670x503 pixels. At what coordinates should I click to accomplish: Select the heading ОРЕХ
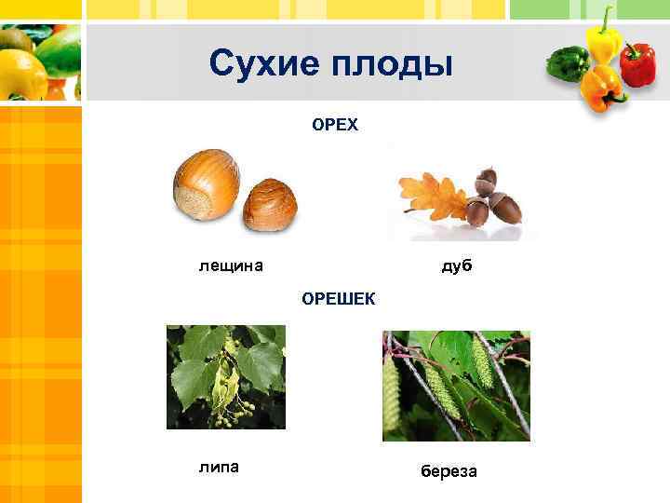coord(335,125)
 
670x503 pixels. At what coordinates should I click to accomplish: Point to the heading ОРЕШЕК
coord(338,299)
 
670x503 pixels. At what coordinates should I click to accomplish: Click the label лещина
coord(231,266)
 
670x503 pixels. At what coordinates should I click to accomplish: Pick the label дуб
coord(457,266)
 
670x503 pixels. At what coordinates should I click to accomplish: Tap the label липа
coord(219,466)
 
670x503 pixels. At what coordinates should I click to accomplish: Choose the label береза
coord(449,471)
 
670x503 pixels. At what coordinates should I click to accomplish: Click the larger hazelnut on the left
coord(207,184)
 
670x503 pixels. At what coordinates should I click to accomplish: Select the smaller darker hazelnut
coord(271,203)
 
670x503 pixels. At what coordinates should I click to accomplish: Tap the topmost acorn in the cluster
coord(486,179)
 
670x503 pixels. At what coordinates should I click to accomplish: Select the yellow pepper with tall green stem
coord(603,42)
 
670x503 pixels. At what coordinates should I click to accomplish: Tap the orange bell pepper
coord(601,88)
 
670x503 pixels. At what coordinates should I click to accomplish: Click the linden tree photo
coord(225,376)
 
